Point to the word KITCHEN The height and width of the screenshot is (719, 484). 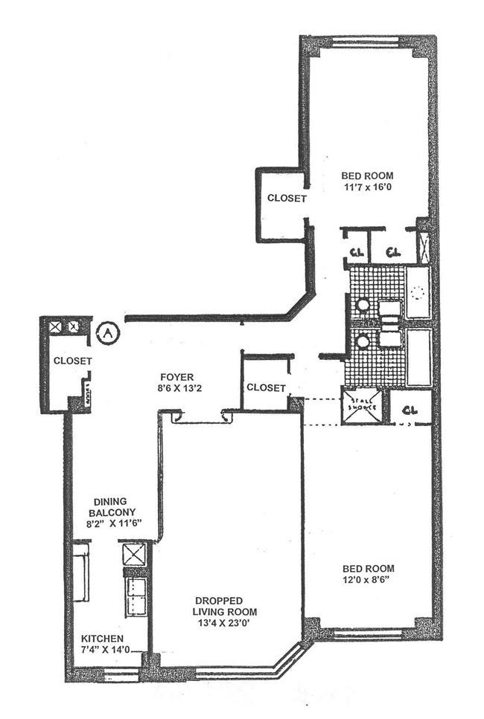coord(104,639)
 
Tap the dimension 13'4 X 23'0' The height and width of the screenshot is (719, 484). coord(228,612)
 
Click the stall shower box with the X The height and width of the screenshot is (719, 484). coord(362,406)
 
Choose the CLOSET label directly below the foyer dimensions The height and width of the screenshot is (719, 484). coord(266,387)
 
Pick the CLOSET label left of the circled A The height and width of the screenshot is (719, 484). coord(72,361)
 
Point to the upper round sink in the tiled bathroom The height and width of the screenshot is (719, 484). coord(363,304)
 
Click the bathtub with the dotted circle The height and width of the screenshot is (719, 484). coord(418,291)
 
